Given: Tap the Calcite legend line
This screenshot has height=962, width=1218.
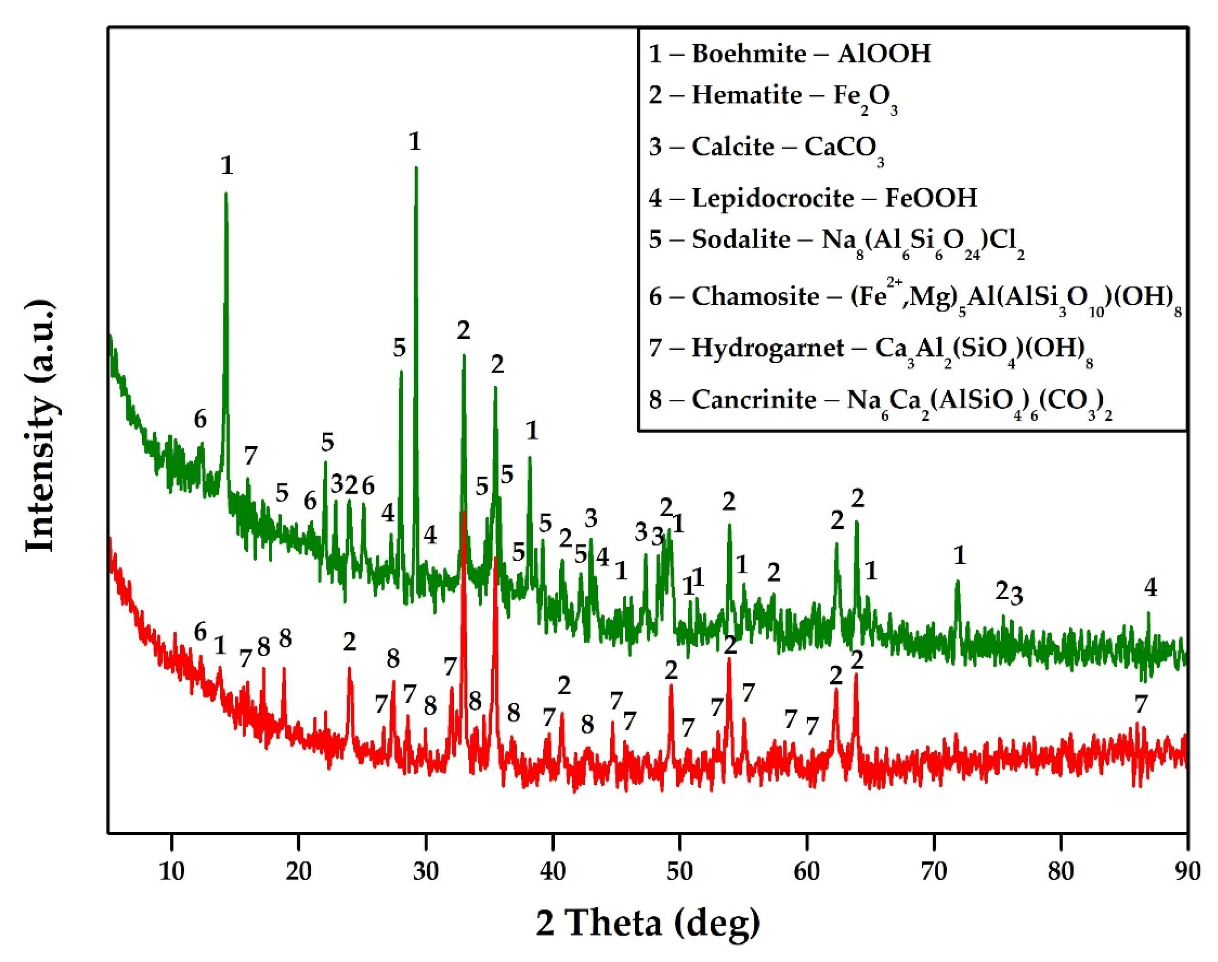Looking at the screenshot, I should [x=766, y=147].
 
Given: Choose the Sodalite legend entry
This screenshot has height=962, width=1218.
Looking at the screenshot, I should [x=836, y=240].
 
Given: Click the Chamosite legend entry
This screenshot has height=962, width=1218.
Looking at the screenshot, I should [x=915, y=297].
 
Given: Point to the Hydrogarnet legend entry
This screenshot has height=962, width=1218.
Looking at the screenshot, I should [x=871, y=349].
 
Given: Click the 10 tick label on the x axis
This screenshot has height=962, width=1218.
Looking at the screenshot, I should [x=171, y=871].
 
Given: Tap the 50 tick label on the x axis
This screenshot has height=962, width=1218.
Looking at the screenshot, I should [x=680, y=871].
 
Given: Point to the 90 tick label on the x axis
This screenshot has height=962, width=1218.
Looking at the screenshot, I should [x=1187, y=871].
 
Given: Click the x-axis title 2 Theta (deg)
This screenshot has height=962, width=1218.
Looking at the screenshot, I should [x=647, y=924].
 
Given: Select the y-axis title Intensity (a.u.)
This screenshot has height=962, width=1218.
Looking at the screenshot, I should [x=42, y=428].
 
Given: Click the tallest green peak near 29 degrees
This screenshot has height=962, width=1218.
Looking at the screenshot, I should [x=416, y=168].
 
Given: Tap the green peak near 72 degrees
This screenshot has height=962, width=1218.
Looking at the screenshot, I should [x=957, y=581].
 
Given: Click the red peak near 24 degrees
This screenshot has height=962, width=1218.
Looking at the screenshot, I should [x=350, y=669].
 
